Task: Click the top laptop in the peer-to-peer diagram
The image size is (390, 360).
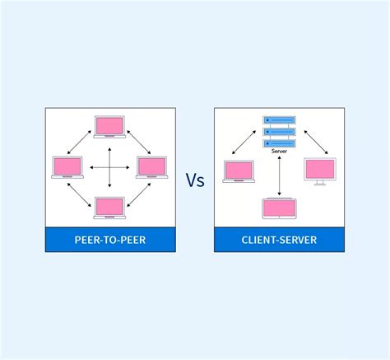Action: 109,126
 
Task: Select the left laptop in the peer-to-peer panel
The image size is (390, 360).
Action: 67,167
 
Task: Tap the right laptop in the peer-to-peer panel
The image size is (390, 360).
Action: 151,167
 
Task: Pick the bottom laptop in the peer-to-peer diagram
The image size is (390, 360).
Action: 109,207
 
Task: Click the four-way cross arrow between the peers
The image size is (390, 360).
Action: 109,168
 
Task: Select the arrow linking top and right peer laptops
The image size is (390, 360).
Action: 138,141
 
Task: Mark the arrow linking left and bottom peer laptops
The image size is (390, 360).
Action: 81,194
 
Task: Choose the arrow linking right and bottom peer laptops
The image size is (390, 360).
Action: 138,194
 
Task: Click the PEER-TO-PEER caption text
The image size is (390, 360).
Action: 109,241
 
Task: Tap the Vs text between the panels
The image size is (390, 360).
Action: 195,180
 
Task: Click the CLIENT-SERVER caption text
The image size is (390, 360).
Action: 280,241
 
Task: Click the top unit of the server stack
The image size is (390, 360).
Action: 280,120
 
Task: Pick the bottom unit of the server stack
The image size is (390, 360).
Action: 280,143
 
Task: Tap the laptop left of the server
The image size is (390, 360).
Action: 239,171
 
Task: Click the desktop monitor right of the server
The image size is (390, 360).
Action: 320,171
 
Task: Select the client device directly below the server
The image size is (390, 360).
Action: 280,209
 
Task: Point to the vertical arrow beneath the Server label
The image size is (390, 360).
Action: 280,176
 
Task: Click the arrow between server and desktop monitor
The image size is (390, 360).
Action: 316,142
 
